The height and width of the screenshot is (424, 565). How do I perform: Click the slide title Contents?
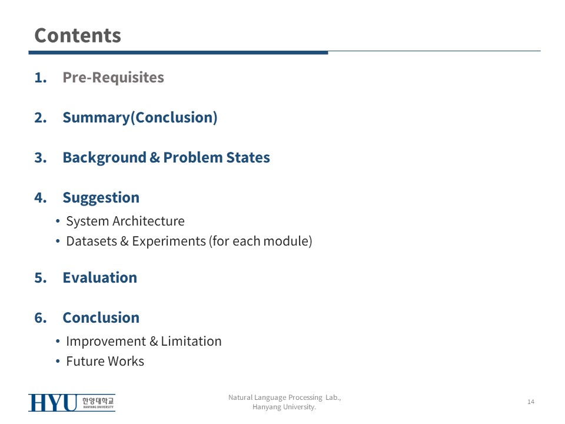click(78, 35)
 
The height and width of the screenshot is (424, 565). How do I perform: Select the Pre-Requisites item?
click(113, 78)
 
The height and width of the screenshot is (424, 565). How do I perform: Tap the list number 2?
click(41, 118)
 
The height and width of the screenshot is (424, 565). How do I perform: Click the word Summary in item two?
click(96, 118)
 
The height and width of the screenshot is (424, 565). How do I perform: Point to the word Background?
click(105, 158)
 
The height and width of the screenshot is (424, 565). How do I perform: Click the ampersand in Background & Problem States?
click(155, 158)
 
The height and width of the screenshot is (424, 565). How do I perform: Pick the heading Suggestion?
click(101, 198)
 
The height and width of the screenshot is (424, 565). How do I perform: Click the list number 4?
click(41, 198)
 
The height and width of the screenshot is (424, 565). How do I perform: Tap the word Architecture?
click(148, 221)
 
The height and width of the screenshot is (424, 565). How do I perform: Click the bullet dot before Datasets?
click(58, 241)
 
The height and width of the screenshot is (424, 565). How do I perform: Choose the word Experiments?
click(169, 241)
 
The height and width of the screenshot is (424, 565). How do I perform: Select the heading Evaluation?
click(100, 277)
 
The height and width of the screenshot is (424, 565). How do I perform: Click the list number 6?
click(41, 318)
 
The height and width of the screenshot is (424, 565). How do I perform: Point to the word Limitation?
click(191, 341)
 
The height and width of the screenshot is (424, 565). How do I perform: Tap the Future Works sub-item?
click(105, 361)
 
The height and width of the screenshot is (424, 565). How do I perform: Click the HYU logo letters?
click(52, 403)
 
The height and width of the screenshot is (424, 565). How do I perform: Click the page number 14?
click(531, 402)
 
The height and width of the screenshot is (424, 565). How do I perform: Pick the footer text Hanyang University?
click(284, 407)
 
